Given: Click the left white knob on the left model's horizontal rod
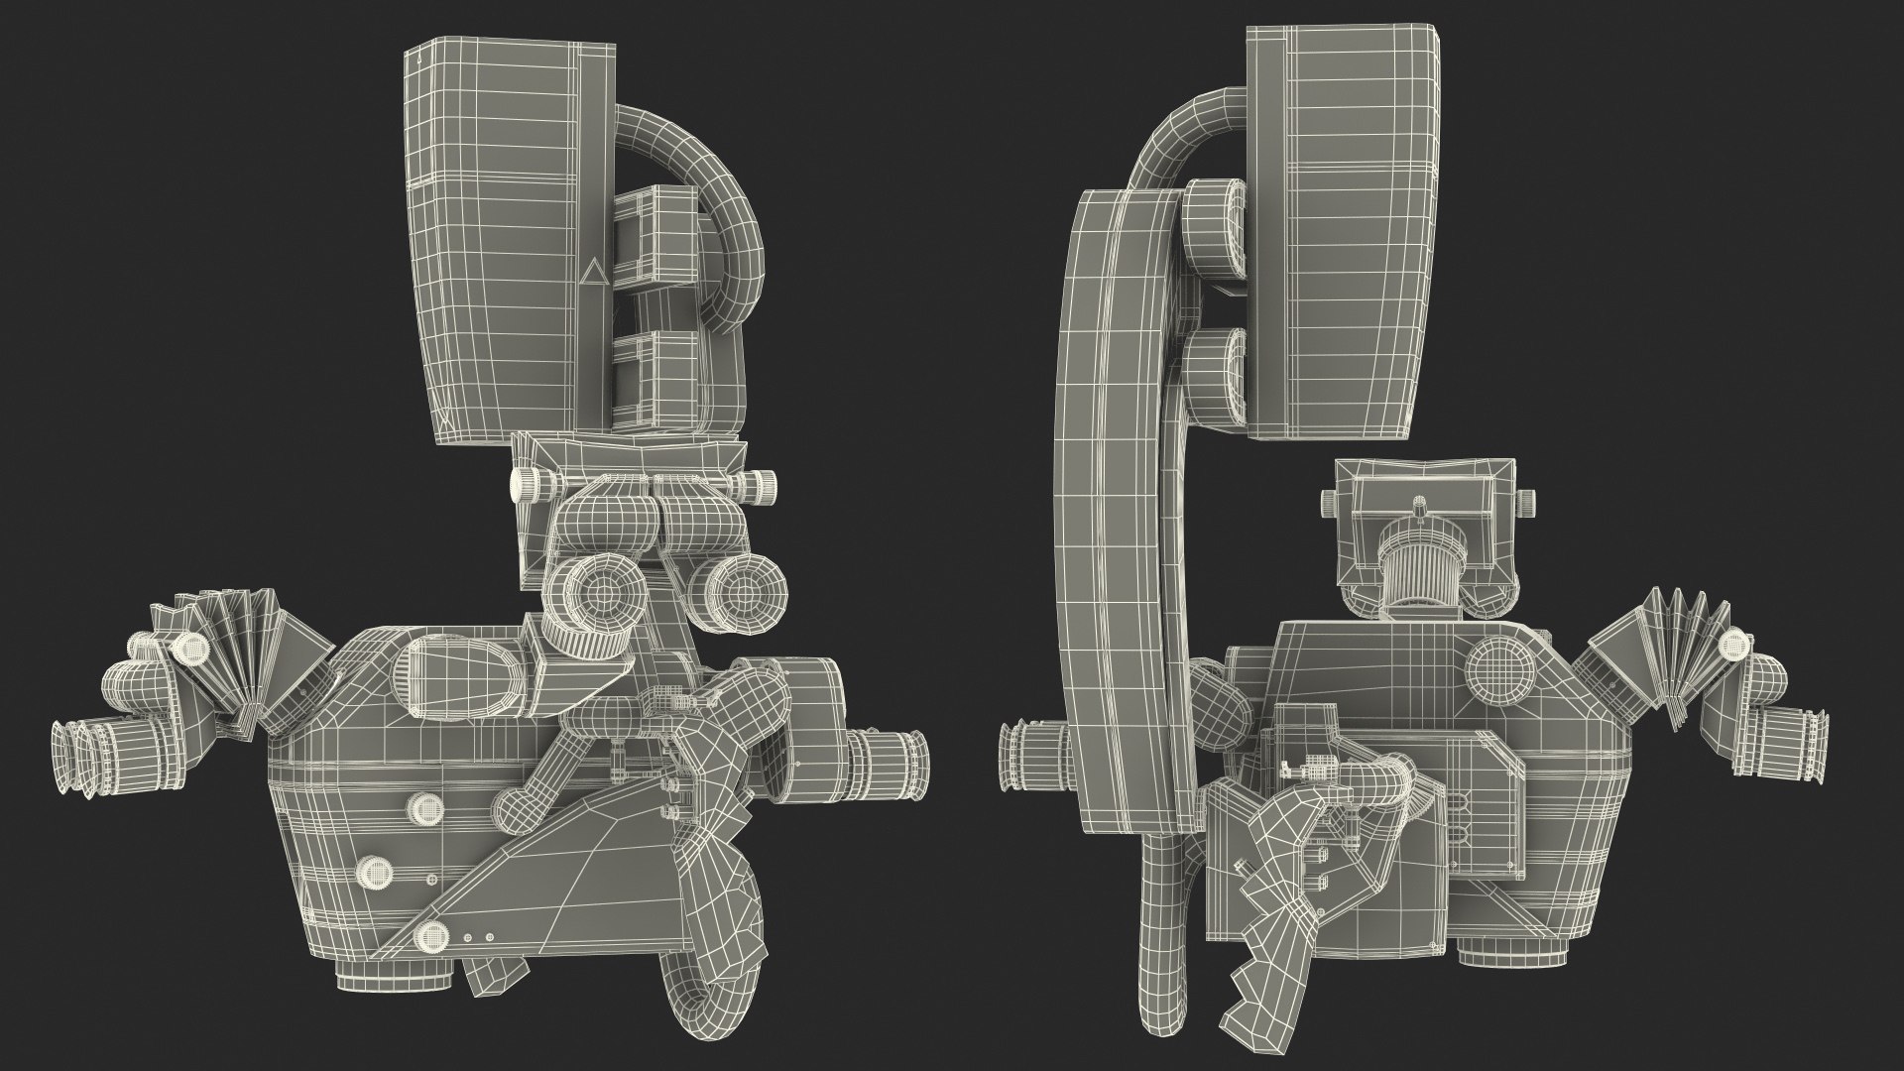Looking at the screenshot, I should (523, 484).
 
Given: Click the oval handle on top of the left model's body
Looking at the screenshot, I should (461, 674).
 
